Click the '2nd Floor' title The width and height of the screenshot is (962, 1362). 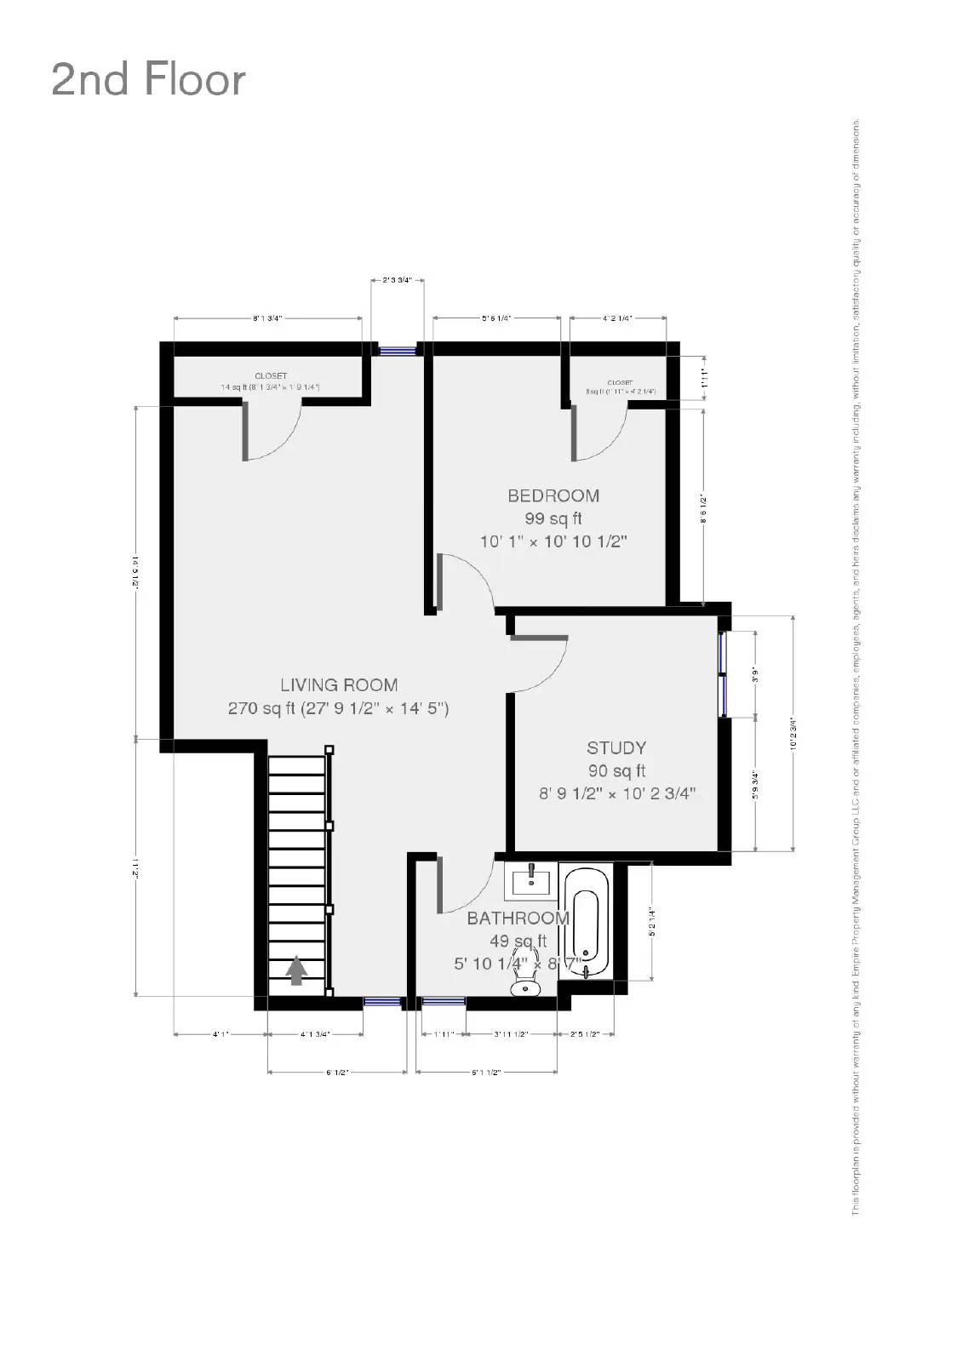[x=148, y=79]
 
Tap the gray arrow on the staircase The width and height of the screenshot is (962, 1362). [x=296, y=970]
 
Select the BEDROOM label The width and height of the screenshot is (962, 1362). [x=553, y=495]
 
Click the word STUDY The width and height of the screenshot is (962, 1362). [x=616, y=747]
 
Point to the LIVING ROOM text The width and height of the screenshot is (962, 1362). [x=339, y=684]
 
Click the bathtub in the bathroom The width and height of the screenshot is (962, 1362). [x=586, y=924]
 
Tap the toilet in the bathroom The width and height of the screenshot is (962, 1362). [x=525, y=985]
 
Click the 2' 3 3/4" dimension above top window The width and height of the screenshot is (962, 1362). [x=397, y=279]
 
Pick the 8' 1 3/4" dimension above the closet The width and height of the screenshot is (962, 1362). [x=267, y=318]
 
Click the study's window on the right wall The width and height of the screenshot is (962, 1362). [x=724, y=673]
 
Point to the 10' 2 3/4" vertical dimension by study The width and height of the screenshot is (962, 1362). [x=793, y=733]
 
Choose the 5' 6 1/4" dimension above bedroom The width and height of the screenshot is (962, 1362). [x=496, y=318]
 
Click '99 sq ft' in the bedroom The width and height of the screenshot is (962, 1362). [x=553, y=518]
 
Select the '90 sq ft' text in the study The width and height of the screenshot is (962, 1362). [x=616, y=770]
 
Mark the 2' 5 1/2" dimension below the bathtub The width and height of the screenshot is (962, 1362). [x=586, y=1034]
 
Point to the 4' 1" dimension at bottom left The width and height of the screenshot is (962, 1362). [x=220, y=1034]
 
